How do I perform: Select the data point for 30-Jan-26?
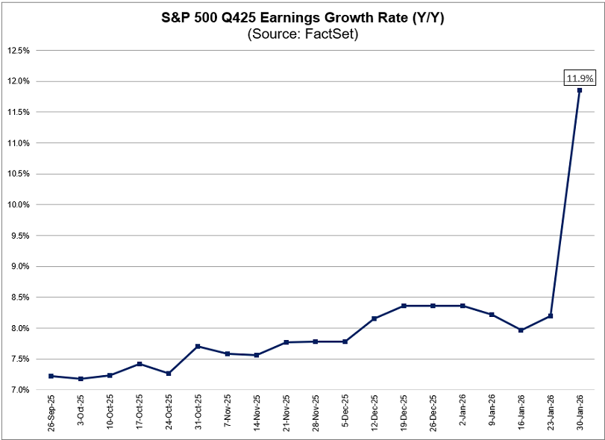pyautogui.click(x=579, y=90)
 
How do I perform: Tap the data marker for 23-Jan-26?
pyautogui.click(x=550, y=316)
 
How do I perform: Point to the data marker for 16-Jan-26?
pyautogui.click(x=521, y=330)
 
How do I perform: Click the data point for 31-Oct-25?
pyautogui.click(x=198, y=346)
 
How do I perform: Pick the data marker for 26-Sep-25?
pyautogui.click(x=51, y=376)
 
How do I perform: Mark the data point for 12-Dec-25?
pyautogui.click(x=374, y=318)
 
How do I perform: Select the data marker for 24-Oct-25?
pyautogui.click(x=169, y=374)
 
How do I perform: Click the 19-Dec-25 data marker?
pyautogui.click(x=403, y=306)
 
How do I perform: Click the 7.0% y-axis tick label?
pyautogui.click(x=19, y=390)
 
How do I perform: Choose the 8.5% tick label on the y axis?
pyautogui.click(x=19, y=298)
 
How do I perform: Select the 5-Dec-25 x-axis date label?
pyautogui.click(x=345, y=412)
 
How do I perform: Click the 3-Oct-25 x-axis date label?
pyautogui.click(x=81, y=412)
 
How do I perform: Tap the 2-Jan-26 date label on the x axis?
pyautogui.click(x=463, y=412)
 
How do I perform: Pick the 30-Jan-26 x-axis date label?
pyautogui.click(x=580, y=412)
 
